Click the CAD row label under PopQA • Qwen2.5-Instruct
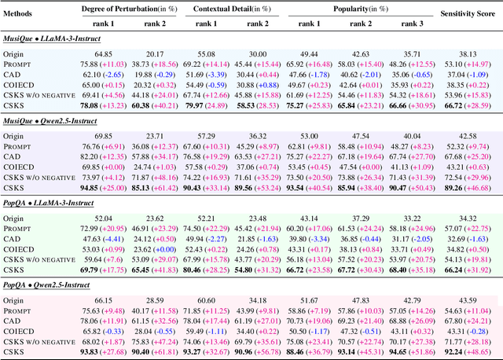click(16, 321)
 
